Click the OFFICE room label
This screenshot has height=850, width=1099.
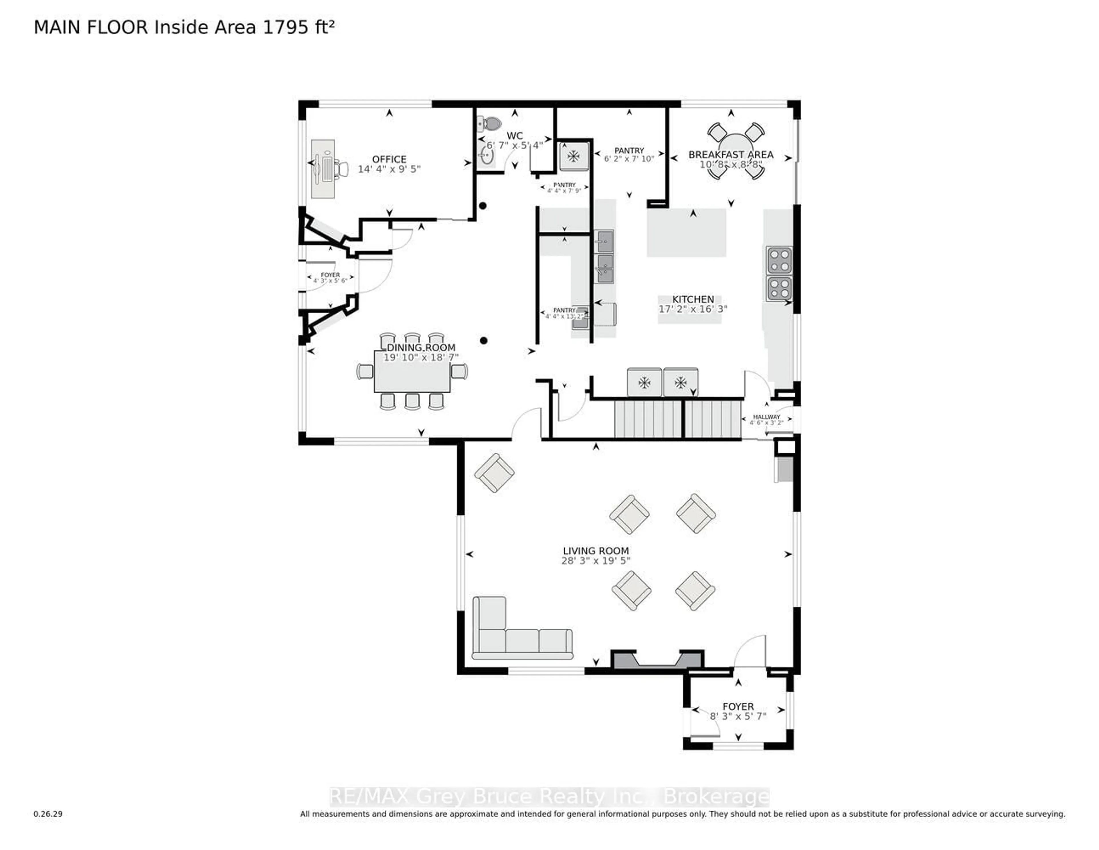coord(389,159)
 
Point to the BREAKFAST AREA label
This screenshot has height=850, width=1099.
coord(731,155)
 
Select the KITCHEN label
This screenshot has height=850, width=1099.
coord(693,299)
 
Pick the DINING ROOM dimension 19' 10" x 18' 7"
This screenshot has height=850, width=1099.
coord(421,357)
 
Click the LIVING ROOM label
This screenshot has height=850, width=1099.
coord(596,551)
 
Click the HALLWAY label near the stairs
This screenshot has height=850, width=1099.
coord(766,417)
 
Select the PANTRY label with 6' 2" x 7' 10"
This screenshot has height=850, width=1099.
coord(629,151)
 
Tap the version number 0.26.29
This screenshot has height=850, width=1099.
coord(48,814)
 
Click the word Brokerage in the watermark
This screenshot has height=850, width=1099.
coord(717,797)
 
